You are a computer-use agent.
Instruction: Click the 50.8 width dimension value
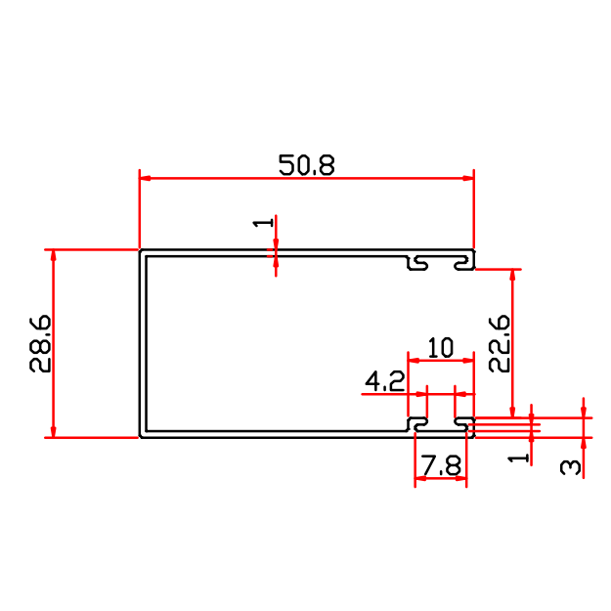coord(306,164)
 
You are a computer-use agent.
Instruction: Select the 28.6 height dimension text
coord(41,344)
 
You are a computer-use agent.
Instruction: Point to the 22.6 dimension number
coord(499,342)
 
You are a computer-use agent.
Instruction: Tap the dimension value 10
coord(441,348)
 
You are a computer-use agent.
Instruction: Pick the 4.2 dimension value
coord(385,380)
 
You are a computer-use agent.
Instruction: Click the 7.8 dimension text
coord(441,466)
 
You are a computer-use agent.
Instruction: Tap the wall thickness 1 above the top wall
coord(262,224)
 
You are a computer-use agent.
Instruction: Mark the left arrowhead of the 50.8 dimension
coord(145,178)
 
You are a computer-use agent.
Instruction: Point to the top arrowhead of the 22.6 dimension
coord(511,275)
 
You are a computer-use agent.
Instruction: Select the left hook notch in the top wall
coord(418,263)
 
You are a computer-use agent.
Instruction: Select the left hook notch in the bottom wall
coord(418,424)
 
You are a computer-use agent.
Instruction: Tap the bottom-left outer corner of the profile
coord(140,437)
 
